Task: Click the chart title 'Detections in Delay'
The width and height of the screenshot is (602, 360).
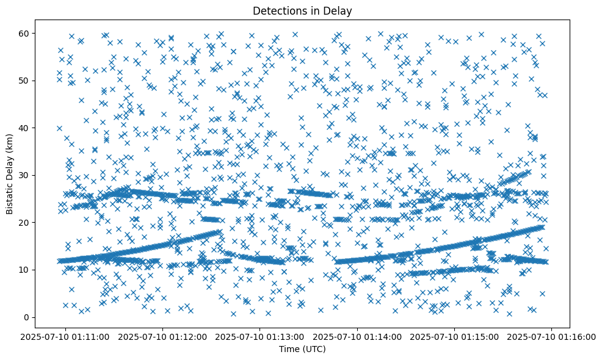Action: pos(302,10)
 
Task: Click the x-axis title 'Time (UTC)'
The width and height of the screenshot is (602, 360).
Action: pos(302,350)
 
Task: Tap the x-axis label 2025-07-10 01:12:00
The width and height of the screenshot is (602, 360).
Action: pos(163,337)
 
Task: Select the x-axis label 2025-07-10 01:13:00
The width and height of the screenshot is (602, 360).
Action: pos(261,337)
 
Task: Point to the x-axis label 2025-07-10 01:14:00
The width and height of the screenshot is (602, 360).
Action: pos(358,337)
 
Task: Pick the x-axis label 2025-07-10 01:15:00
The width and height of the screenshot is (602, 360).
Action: pos(455,337)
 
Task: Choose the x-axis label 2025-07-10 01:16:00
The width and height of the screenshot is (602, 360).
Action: pos(553,337)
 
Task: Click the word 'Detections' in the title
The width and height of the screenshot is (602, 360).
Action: pos(278,10)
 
